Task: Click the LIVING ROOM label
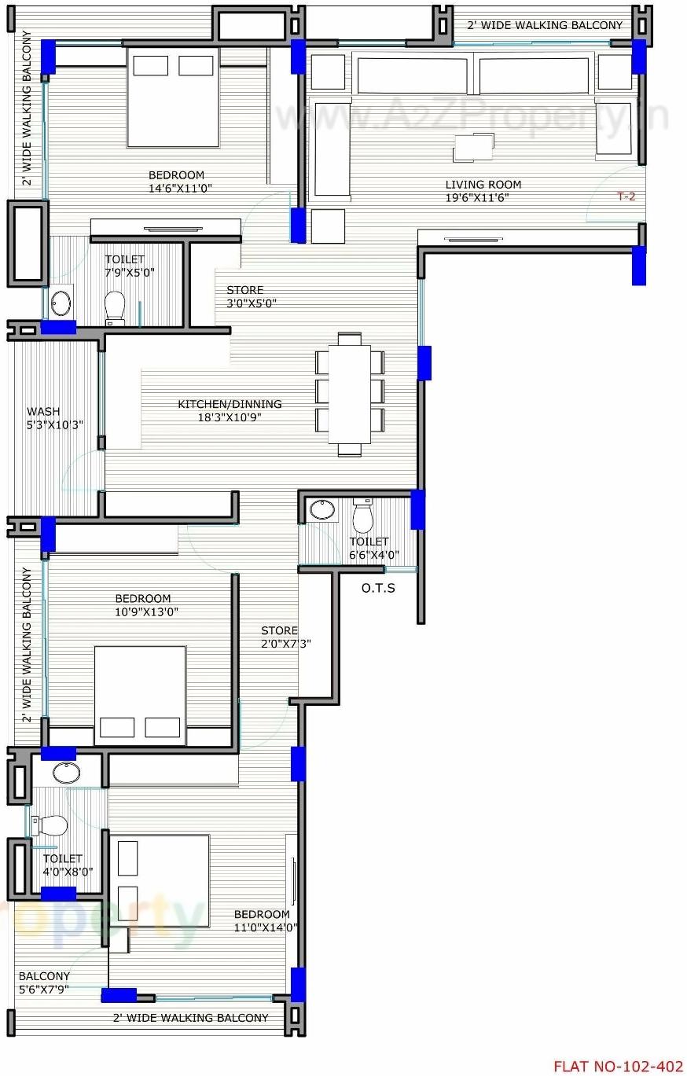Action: tap(483, 185)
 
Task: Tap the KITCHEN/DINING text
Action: tap(230, 404)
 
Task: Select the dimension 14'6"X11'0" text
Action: tap(180, 189)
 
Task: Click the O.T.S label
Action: tap(378, 588)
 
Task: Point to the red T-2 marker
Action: tap(626, 196)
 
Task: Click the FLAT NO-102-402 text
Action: tap(618, 1067)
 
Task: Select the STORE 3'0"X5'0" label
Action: tap(244, 296)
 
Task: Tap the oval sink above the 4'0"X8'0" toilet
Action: tap(66, 773)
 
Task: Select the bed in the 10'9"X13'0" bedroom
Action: tap(140, 695)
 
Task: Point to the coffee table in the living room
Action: tap(473, 146)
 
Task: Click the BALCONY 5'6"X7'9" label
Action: tap(44, 982)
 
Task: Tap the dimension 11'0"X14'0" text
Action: tap(266, 927)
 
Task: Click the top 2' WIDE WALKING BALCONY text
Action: tap(545, 25)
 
